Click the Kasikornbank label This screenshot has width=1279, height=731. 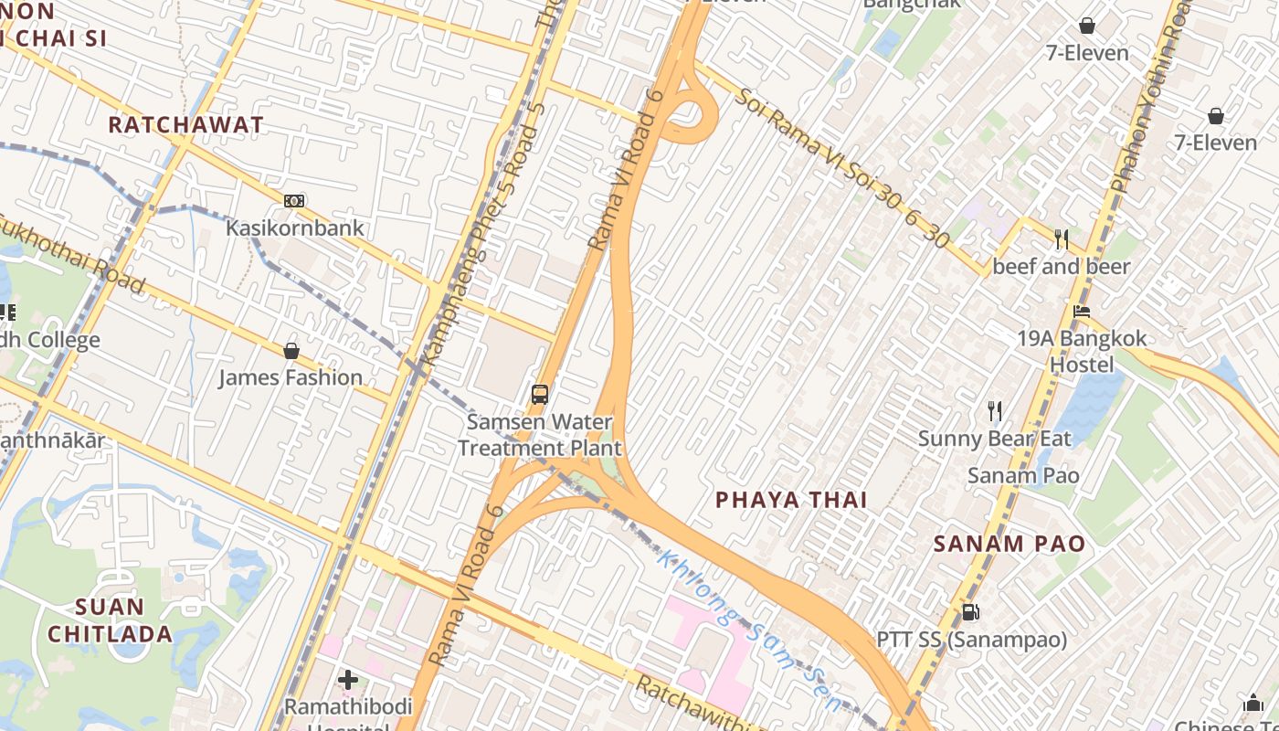click(295, 228)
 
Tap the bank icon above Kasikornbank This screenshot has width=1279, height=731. click(294, 201)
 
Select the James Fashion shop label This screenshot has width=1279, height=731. click(291, 377)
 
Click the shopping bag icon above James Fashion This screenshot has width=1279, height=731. click(291, 351)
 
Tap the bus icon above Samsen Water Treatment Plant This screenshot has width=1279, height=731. click(540, 395)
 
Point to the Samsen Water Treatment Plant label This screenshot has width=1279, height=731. click(539, 435)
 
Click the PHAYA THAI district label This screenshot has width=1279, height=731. click(791, 500)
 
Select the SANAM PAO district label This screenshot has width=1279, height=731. click(1009, 545)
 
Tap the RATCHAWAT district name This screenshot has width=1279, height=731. click(186, 125)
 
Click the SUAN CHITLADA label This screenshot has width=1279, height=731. click(111, 620)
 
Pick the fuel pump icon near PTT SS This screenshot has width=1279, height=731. click(970, 612)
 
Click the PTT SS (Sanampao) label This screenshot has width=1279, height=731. click(972, 640)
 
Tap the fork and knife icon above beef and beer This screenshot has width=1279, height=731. click(1062, 239)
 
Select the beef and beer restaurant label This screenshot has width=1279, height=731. click(1062, 267)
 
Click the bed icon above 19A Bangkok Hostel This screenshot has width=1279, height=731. click(1082, 312)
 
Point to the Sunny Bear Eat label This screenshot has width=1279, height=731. click(994, 439)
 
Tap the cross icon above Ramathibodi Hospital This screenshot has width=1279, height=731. click(348, 680)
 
